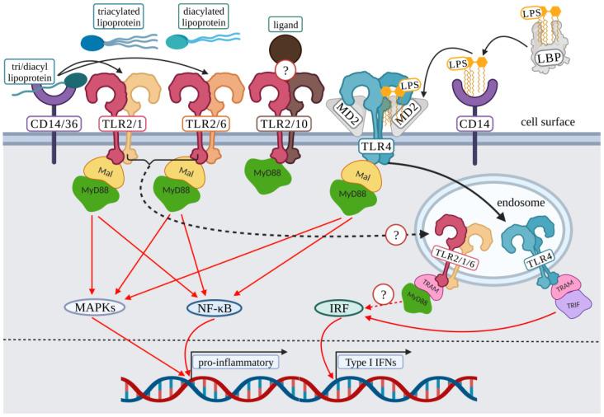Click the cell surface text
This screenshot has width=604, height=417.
(x=545, y=122)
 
